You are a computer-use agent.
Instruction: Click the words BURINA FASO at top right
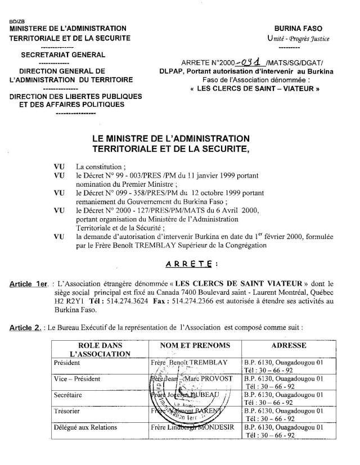coord(301,28)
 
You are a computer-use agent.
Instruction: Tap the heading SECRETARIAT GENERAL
coord(63,55)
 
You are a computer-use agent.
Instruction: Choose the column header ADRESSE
coord(289,345)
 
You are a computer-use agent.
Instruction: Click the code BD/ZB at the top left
coord(18,22)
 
